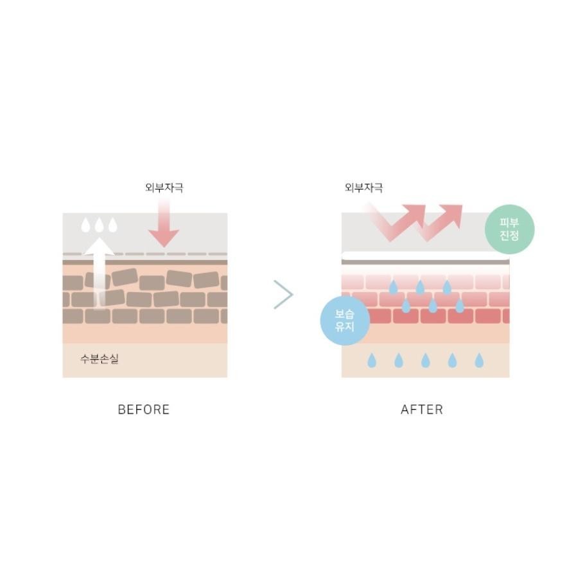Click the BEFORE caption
click(144, 409)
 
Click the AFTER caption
click(422, 409)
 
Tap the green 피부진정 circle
click(509, 229)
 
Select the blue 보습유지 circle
click(345, 320)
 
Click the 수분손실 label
click(99, 359)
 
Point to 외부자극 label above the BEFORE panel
click(164, 188)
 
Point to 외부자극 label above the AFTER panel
click(364, 188)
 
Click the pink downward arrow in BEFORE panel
click(164, 223)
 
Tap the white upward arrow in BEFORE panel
click(99, 274)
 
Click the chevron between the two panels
click(283, 294)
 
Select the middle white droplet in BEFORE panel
click(99, 225)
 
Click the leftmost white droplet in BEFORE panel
click(85, 225)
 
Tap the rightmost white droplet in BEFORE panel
click(113, 225)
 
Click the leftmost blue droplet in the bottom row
click(372, 360)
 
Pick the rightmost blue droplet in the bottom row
click(479, 360)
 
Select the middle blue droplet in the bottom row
click(426, 360)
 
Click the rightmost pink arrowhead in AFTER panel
click(453, 214)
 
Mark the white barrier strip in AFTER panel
click(426, 256)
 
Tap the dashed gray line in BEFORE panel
click(145, 254)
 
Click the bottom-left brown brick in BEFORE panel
click(73, 317)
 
